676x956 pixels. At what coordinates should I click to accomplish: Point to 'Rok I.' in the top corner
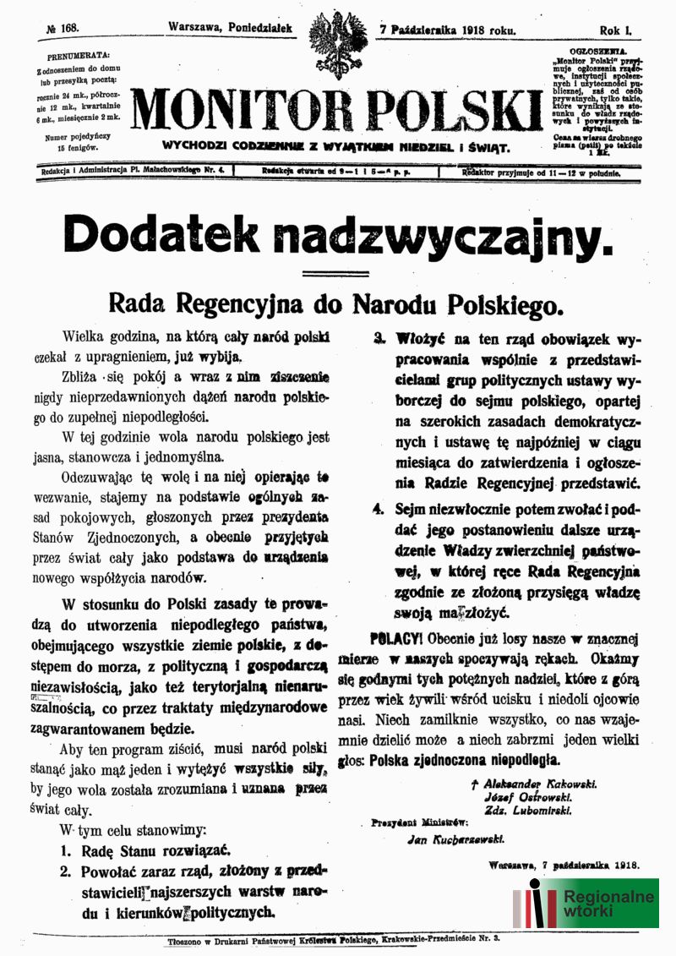(616, 29)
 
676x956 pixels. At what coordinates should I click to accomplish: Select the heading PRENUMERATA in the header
(73, 57)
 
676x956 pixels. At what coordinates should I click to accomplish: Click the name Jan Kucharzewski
(455, 839)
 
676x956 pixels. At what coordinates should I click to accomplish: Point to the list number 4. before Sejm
(379, 509)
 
